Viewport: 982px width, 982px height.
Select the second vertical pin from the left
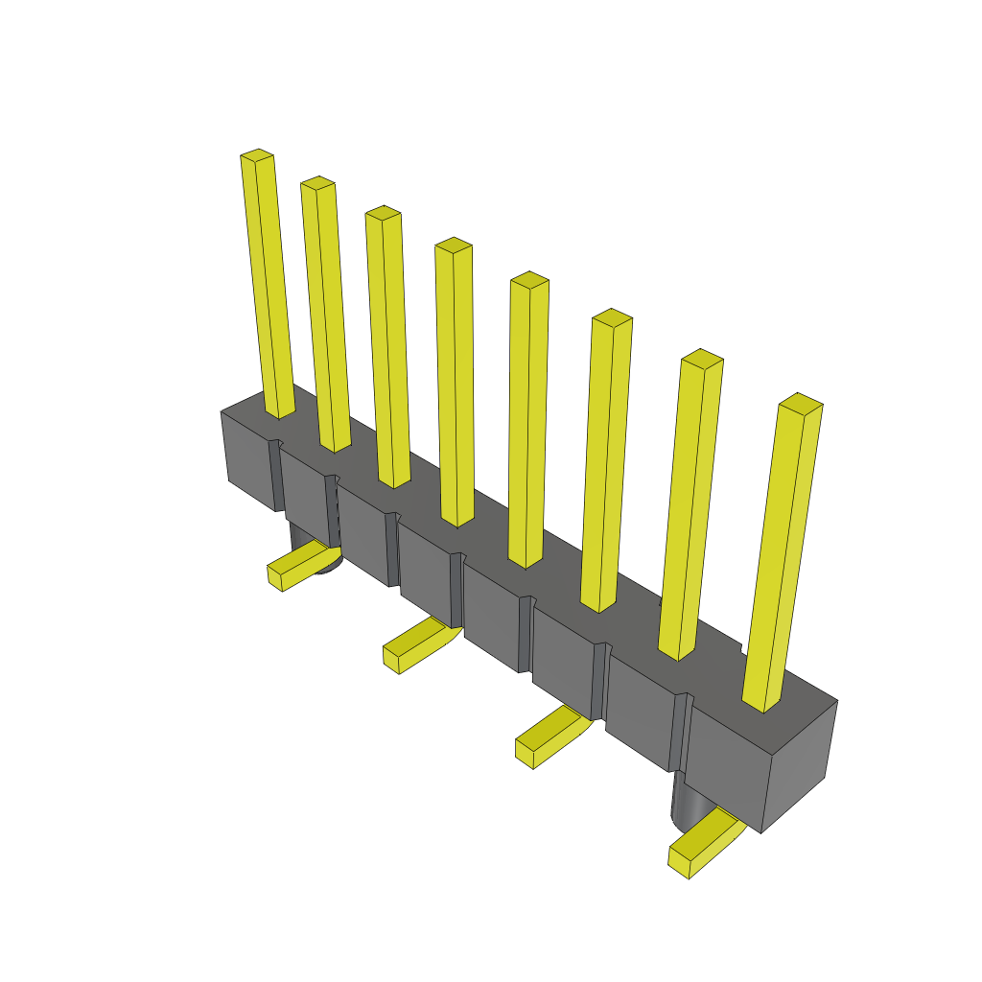point(326,316)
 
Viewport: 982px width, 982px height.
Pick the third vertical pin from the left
point(388,345)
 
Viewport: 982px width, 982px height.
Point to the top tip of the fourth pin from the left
point(454,245)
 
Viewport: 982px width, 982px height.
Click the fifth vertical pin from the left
point(527,422)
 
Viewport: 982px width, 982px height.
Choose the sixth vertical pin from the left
point(606,460)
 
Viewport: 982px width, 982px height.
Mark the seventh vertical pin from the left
point(690,508)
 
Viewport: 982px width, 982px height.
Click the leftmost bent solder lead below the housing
point(297,566)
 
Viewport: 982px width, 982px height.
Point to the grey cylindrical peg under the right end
point(686,801)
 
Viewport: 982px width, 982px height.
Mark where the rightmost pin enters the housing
point(763,705)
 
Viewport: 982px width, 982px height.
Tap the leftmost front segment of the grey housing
point(247,458)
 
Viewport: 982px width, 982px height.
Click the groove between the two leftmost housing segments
point(278,475)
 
